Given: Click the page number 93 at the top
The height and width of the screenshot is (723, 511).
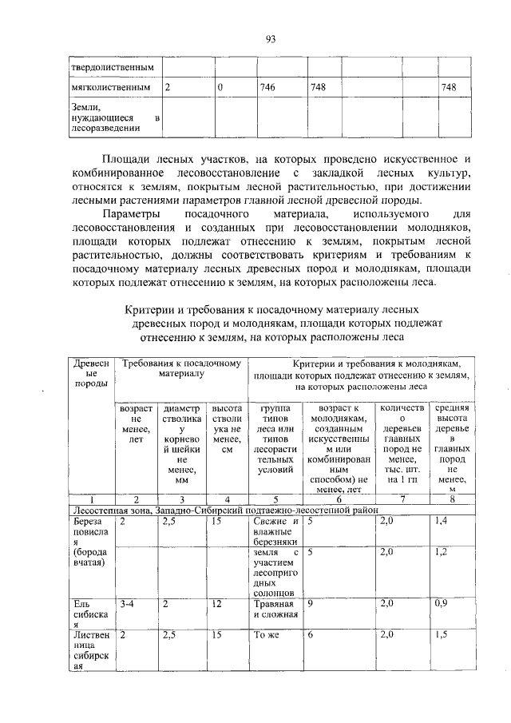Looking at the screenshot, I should [x=270, y=38].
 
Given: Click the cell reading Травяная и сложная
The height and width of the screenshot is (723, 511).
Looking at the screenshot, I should [x=275, y=610].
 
